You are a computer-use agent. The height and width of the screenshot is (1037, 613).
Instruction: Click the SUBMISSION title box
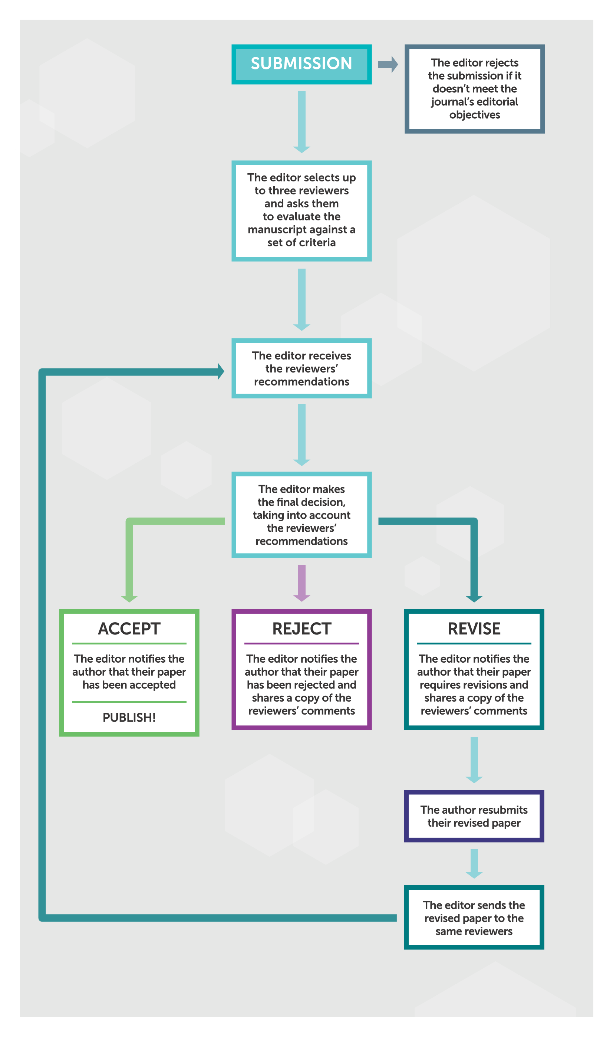pos(301,64)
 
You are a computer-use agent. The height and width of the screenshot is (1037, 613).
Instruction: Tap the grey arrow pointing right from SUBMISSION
pos(388,65)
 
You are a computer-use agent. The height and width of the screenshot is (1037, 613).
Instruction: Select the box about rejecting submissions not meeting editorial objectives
pos(475,89)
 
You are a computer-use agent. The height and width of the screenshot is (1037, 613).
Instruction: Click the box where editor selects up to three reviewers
pos(301,211)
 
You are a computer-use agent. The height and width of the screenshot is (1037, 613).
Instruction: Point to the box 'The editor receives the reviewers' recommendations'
pos(301,368)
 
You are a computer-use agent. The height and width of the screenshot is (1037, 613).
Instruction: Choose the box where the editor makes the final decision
pos(301,515)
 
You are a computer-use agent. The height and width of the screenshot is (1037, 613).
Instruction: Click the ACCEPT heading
pos(129,629)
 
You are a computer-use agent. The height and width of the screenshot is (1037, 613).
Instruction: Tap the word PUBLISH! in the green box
pos(129,718)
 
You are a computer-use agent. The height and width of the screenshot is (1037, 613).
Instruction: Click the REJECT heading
pos(301,629)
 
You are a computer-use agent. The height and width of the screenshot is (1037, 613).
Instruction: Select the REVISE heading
pos(474,629)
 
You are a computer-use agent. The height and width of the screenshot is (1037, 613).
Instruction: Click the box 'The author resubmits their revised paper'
pos(474,816)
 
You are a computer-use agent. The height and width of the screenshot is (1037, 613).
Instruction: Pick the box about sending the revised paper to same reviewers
pos(474,918)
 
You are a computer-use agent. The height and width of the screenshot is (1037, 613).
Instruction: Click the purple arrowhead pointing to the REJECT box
pos(301,598)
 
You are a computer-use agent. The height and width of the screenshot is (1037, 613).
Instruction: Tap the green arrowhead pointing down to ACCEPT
pos(129,599)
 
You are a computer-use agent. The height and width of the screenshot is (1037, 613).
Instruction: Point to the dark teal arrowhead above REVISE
pos(474,599)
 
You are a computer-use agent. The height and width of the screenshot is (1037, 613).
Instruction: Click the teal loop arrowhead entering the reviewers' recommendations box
pos(221,371)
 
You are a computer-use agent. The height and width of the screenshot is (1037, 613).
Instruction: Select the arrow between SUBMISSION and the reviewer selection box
pos(302,122)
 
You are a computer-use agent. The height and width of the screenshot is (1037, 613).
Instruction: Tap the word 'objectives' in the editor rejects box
pos(475,115)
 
